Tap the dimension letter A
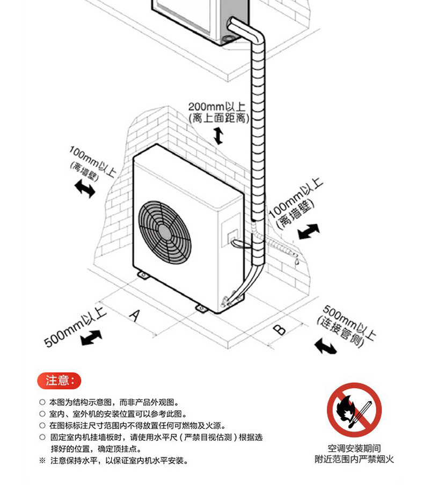click(x=135, y=315)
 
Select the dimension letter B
click(x=279, y=329)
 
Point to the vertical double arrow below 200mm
click(x=218, y=136)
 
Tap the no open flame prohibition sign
click(x=354, y=411)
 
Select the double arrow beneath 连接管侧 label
click(x=326, y=346)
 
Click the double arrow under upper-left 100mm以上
click(x=84, y=189)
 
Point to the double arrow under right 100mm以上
click(x=308, y=232)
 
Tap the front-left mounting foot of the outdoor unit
click(x=144, y=275)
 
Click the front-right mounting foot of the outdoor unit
click(x=201, y=308)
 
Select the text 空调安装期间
click(x=354, y=448)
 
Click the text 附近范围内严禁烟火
click(x=354, y=459)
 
